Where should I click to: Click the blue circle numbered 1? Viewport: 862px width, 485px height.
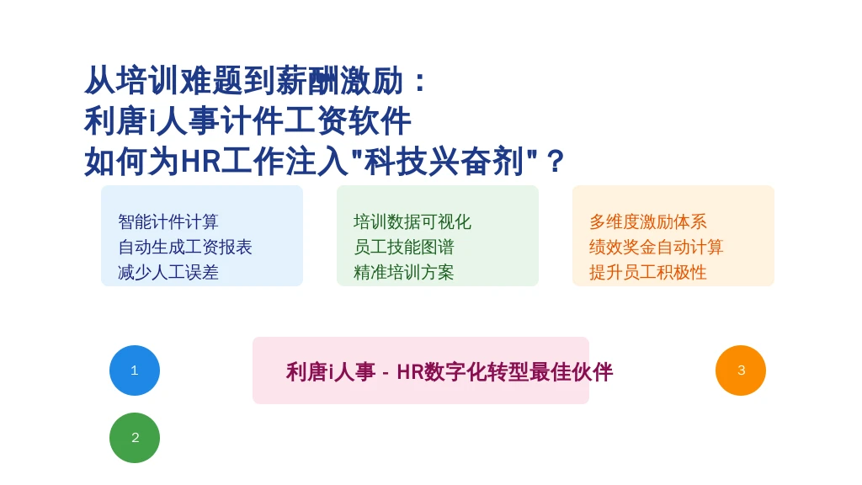135,370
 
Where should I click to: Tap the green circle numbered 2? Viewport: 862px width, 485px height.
135,438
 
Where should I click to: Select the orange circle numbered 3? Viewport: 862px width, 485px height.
741,370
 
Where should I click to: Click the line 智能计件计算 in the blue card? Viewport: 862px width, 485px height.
168,221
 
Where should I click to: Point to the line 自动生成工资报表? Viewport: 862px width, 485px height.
184,247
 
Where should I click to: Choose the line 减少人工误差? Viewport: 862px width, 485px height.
168,272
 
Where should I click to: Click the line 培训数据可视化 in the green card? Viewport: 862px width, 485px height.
412,221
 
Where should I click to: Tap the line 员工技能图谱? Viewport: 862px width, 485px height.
404,247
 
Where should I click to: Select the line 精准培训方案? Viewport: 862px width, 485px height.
404,272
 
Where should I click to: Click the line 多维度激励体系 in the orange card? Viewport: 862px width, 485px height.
648,221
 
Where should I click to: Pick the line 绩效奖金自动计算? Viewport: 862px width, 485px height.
657,247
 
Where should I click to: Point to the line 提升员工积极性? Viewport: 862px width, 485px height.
648,272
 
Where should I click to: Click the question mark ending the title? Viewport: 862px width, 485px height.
556,162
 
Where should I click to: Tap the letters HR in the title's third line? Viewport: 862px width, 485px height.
200,162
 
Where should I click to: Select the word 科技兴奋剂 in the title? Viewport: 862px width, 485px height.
444,162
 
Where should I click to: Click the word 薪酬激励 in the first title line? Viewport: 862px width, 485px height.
340,80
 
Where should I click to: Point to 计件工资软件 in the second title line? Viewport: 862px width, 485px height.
316,121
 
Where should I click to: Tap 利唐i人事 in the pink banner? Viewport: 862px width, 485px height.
331,372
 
